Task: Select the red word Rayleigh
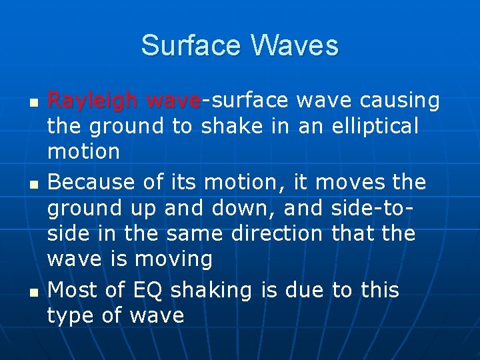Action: pos(93,100)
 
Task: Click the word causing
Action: pos(399,100)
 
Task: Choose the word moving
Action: pos(173,259)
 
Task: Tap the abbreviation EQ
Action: pos(146,290)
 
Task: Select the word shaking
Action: pos(211,291)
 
